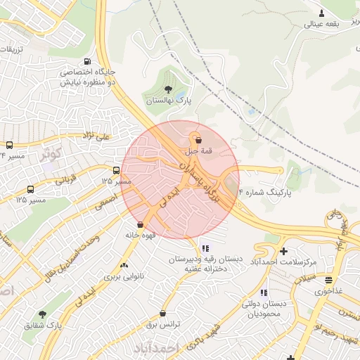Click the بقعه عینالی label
[321, 23]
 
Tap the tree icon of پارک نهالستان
[168, 89]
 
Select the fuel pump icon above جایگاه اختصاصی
[86, 60]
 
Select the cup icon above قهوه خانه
[140, 224]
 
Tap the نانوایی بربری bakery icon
[124, 265]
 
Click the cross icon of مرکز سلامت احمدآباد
[283, 251]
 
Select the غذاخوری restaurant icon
[328, 279]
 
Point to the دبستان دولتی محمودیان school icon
[263, 292]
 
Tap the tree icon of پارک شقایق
[43, 314]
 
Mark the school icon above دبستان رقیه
[205, 248]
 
